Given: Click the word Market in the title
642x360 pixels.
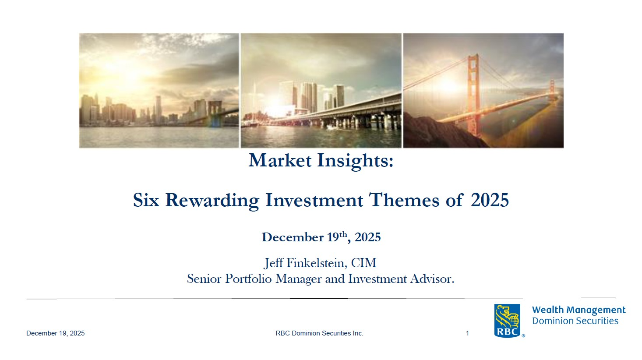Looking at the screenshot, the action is click(x=280, y=160).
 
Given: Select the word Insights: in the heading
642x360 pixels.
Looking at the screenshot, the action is click(x=356, y=161).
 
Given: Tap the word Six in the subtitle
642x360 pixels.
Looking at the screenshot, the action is click(x=146, y=200).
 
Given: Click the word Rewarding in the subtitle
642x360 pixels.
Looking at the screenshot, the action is click(x=212, y=201).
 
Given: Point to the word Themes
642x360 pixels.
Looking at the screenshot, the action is click(x=404, y=200).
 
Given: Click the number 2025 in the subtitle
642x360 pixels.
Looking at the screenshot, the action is click(x=490, y=200).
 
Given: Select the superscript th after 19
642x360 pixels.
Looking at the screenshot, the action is click(x=343, y=234).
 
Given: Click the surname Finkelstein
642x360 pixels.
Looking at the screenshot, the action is click(x=317, y=263).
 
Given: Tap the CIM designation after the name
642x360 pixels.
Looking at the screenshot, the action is click(x=364, y=263).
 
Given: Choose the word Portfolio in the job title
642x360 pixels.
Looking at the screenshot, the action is click(x=248, y=279).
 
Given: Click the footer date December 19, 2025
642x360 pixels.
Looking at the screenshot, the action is click(x=56, y=333).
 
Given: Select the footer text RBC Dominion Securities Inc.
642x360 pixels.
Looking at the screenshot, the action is click(x=320, y=333).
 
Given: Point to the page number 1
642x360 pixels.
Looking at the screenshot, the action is click(x=467, y=333).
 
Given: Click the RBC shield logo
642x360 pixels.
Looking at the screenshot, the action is click(x=507, y=321).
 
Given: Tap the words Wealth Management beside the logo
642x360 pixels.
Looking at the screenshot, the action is click(x=579, y=310).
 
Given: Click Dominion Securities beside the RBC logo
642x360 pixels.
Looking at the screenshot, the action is click(x=575, y=321).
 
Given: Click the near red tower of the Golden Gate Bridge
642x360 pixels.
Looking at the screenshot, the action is click(x=473, y=95).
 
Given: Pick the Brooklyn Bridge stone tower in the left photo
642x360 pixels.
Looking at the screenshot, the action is click(x=215, y=113).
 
